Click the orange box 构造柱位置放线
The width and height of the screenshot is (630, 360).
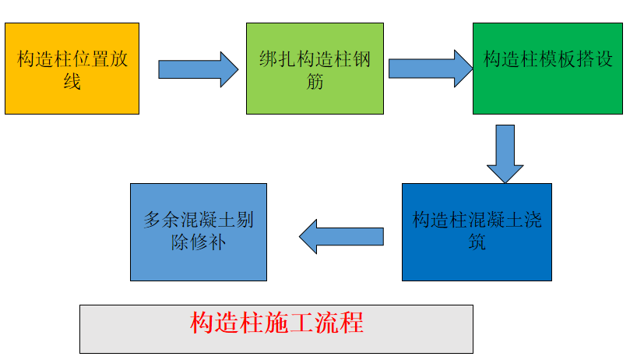pos(72,69)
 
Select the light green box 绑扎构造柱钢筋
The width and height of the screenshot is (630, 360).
pos(315,69)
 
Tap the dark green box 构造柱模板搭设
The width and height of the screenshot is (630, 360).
pos(548,69)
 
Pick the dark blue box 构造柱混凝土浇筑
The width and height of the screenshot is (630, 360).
pos(477,231)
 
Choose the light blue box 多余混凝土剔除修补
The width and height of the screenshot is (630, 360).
pos(198,231)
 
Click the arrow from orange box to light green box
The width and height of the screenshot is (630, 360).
pos(198,69)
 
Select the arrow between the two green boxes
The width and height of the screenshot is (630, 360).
pos(429,69)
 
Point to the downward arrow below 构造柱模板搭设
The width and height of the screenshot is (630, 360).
pos(505,153)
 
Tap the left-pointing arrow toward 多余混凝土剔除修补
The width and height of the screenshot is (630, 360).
pos(341,236)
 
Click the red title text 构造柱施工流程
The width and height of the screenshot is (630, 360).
pos(276,323)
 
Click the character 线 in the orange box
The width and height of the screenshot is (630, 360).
pos(72,81)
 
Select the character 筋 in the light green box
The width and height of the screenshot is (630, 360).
pos(315,81)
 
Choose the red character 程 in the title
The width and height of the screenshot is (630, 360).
pos(352,323)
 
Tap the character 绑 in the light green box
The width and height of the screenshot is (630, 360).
pos(268,60)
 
